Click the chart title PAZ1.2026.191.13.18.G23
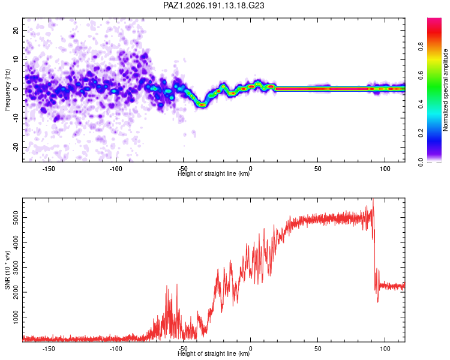tap(214, 5)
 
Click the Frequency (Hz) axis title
tap(7, 89)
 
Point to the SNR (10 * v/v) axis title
tap(7, 270)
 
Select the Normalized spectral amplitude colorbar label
tap(445, 90)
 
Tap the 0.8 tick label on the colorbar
tap(421, 46)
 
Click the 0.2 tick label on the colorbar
tap(421, 133)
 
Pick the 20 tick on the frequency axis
tap(16, 30)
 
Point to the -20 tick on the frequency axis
tap(16, 148)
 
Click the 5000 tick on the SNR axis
tap(16, 218)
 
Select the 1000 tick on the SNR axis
tap(16, 317)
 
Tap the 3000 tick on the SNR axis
tap(16, 267)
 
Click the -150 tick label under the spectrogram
tap(49, 169)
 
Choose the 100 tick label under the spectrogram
tap(385, 169)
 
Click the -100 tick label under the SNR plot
tap(116, 349)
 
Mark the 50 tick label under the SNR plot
tap(317, 349)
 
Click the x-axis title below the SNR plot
tap(214, 353)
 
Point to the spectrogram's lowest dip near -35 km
tap(203, 105)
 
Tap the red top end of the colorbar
tap(434, 20)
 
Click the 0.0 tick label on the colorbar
tap(421, 162)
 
